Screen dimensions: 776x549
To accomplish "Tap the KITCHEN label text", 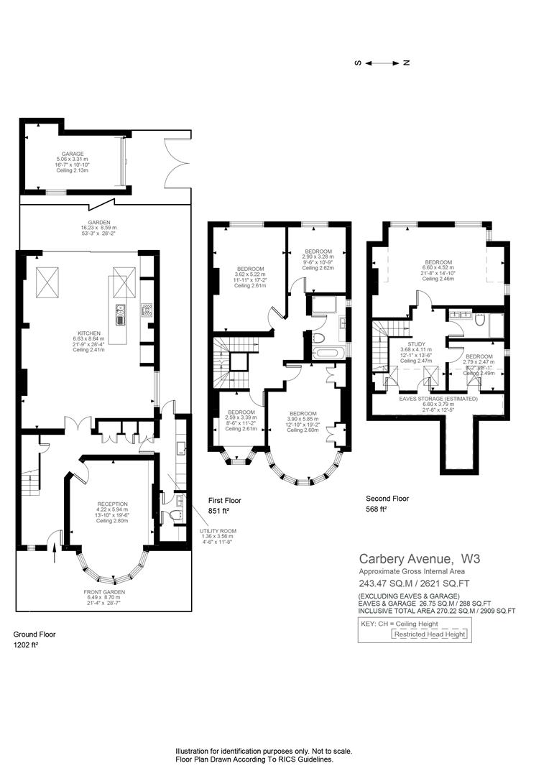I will (90, 333).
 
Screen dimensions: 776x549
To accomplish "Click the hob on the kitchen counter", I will (147, 310).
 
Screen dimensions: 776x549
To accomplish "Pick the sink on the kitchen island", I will (120, 311).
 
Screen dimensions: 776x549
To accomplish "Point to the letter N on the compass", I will (407, 63).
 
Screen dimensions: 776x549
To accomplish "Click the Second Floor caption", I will (387, 499).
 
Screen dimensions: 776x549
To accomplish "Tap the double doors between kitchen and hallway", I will (73, 424).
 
